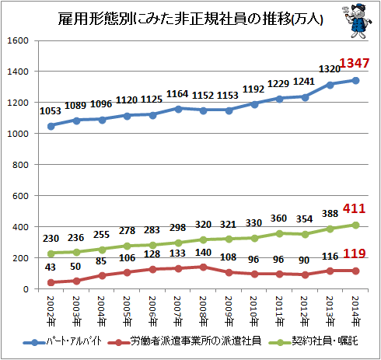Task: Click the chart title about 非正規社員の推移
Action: click(x=190, y=19)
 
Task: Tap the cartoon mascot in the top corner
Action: click(x=358, y=21)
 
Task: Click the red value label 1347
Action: click(x=354, y=63)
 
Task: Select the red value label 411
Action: click(x=354, y=208)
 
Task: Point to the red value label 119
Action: click(x=354, y=253)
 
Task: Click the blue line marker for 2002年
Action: click(x=51, y=127)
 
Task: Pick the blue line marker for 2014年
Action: click(x=355, y=81)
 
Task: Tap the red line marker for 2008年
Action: click(x=204, y=267)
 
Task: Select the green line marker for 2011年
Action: click(x=279, y=234)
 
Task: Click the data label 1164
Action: click(x=177, y=94)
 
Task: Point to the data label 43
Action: click(x=50, y=267)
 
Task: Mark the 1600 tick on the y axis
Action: click(x=18, y=40)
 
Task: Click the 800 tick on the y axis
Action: click(x=20, y=165)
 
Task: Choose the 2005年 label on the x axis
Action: click(x=127, y=311)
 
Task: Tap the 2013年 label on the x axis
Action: click(x=330, y=311)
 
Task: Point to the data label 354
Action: click(x=305, y=219)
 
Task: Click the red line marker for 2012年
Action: click(x=305, y=274)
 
